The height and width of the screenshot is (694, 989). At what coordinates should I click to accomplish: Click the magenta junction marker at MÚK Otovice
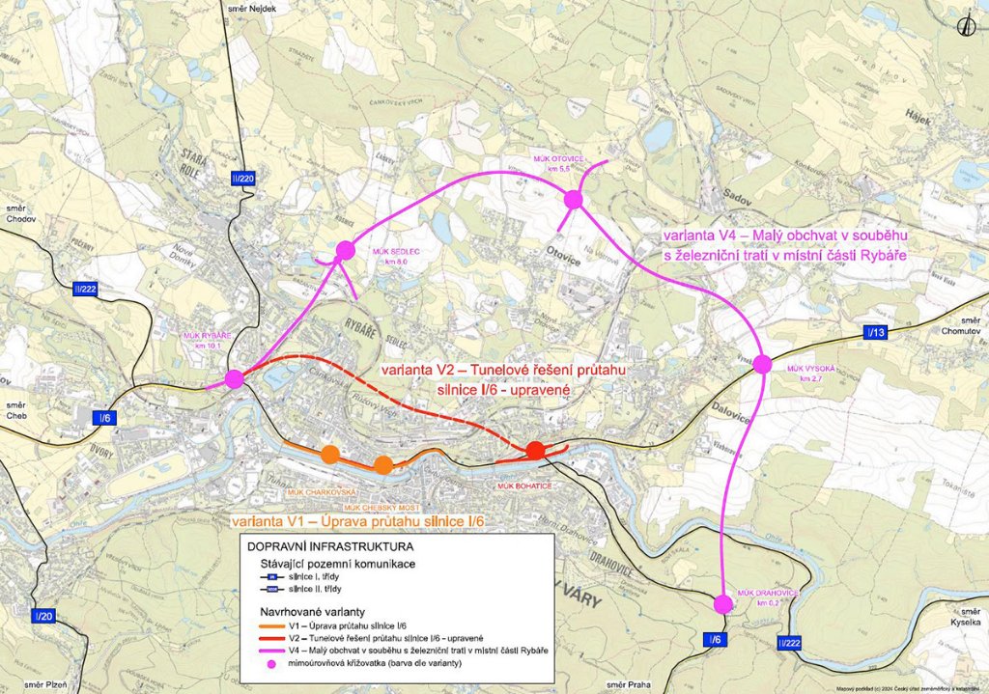[x=573, y=199]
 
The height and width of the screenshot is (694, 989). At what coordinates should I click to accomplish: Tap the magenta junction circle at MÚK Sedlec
[x=346, y=251]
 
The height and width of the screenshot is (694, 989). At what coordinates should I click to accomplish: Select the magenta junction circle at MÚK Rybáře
[x=234, y=378]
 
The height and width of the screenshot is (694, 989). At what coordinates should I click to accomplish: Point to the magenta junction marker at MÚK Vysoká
[x=762, y=364]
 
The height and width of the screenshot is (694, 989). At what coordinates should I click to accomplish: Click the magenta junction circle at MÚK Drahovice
[x=722, y=604]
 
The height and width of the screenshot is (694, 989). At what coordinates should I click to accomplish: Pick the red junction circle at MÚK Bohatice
[x=535, y=450]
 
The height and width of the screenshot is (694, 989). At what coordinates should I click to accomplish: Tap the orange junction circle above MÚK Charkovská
[x=330, y=454]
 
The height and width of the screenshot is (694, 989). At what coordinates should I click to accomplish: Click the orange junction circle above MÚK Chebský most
[x=383, y=465]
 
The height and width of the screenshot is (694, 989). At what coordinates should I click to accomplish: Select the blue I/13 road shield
[x=876, y=333]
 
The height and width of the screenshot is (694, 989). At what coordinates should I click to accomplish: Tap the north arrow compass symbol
[x=962, y=26]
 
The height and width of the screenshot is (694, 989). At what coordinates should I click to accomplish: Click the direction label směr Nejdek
[x=254, y=8]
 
